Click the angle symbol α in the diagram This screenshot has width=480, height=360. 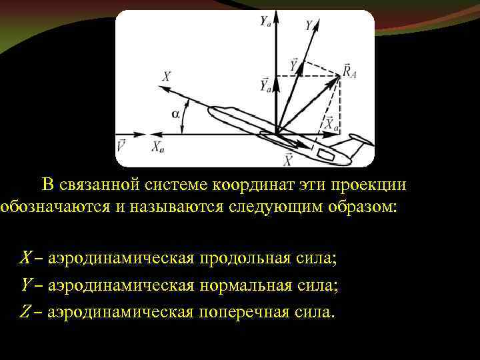coord(176,113)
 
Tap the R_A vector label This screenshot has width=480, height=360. coord(350,69)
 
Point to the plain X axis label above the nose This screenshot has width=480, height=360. coord(166,77)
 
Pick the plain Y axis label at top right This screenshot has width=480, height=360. coord(309,26)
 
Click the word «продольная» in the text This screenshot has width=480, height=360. coord(239,257)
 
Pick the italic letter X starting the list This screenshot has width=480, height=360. coord(25,257)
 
